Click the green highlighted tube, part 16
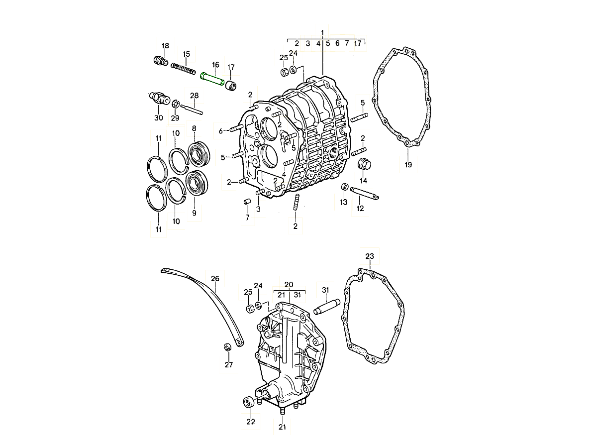(x=212, y=79)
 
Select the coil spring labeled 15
(x=183, y=69)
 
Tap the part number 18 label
(x=165, y=46)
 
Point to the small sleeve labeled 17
(x=231, y=86)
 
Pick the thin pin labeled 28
(x=192, y=110)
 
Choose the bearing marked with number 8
(x=199, y=154)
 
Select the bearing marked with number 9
(x=197, y=183)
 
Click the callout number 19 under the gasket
(x=408, y=165)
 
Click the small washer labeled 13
(x=345, y=187)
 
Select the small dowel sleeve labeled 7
(x=247, y=202)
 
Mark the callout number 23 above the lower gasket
(x=370, y=256)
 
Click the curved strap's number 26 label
(x=215, y=279)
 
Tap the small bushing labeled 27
(x=227, y=347)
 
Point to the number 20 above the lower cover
(x=289, y=285)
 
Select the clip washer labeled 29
(x=176, y=104)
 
